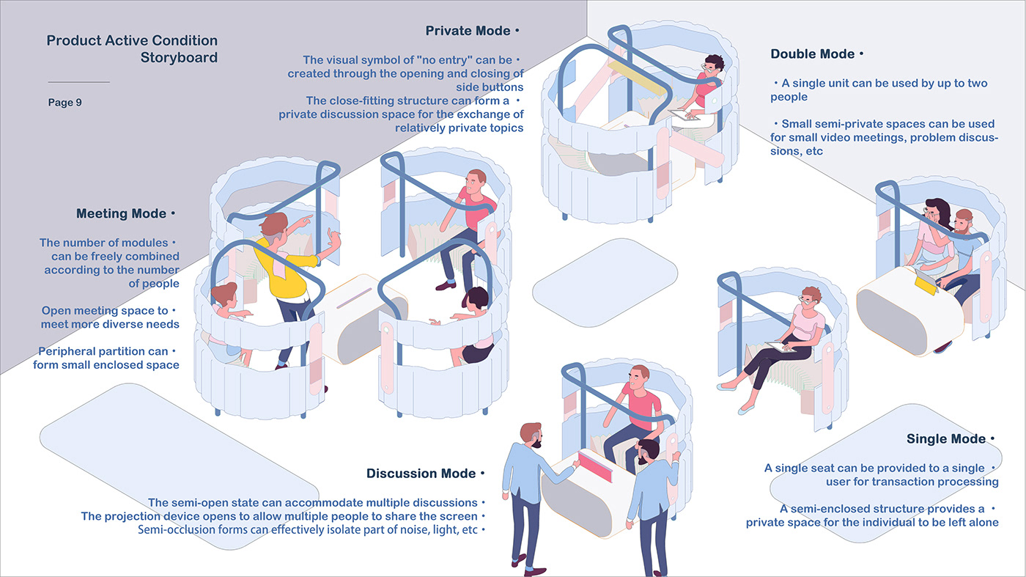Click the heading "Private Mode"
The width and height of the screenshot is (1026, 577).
468,32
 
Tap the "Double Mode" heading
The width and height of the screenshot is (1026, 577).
813,54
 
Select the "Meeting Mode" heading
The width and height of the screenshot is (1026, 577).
122,214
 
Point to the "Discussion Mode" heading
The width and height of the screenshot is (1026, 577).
421,474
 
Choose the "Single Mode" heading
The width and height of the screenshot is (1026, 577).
946,439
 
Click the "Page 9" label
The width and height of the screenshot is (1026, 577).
65,103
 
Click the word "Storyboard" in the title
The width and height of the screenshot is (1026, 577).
179,58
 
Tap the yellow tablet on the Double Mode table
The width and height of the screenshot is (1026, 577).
925,282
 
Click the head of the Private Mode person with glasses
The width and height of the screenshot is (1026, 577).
713,65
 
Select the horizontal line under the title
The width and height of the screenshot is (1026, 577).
78,82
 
